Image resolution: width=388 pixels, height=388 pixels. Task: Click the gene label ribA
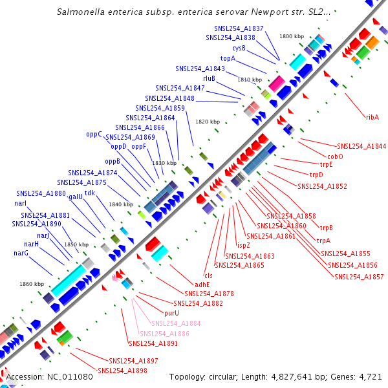coord(372,117)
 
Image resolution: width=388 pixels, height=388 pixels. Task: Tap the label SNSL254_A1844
coord(361,146)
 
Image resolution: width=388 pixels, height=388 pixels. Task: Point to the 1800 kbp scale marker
coord(291,36)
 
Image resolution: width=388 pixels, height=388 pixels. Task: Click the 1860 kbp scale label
coord(31,284)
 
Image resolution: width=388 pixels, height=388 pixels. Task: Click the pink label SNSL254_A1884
coord(175,323)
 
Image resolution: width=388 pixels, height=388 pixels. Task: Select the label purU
coord(171,313)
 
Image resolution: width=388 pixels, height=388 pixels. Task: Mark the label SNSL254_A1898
coord(122,371)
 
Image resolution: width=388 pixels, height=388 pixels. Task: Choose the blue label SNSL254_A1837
coord(239,29)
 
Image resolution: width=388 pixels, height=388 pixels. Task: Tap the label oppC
coord(94,135)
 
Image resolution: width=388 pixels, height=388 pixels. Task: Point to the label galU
coord(76,196)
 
